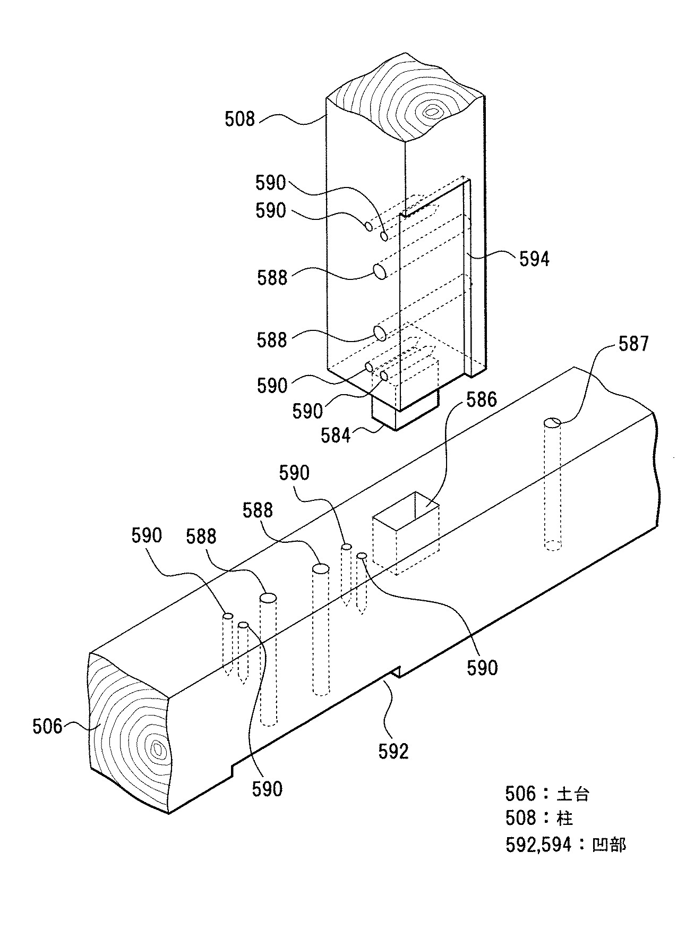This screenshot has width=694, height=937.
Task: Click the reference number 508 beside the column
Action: point(240,120)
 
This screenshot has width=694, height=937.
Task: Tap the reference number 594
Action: point(534,259)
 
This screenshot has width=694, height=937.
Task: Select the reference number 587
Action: point(634,344)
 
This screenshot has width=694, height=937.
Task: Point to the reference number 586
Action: point(481,399)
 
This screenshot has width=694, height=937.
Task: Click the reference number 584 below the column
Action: point(336,435)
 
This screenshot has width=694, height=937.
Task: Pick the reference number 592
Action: point(393,751)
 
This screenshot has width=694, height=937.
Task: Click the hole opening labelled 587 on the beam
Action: point(552,423)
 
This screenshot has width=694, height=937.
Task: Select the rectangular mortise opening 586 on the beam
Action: point(407,511)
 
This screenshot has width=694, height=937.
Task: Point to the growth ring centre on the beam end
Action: point(156,749)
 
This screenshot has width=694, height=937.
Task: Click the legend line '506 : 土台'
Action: point(547,794)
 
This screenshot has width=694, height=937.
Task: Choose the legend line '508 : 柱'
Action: point(539,818)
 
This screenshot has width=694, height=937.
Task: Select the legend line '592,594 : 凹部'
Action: point(565,845)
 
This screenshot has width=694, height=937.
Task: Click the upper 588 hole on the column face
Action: point(380,271)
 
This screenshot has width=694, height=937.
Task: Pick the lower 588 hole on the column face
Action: point(380,333)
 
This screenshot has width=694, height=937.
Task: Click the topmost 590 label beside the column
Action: point(271,183)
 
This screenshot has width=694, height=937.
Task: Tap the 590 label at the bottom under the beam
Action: point(267,789)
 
